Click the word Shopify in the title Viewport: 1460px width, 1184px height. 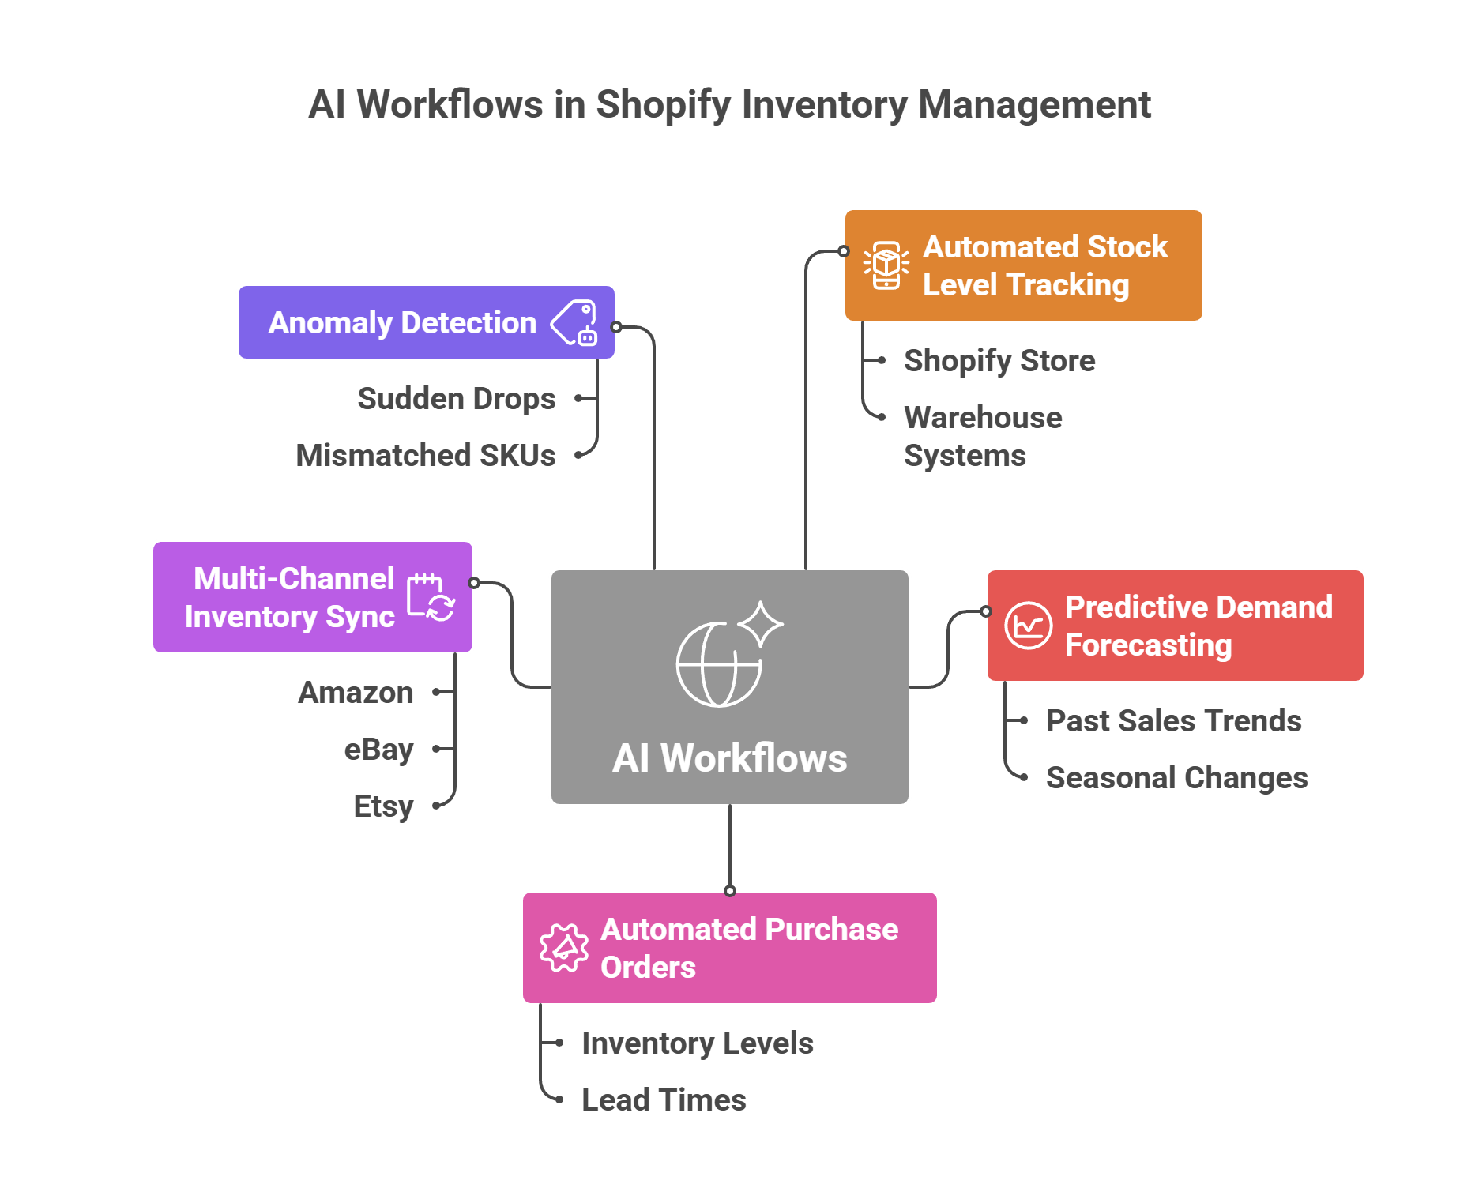[663, 105]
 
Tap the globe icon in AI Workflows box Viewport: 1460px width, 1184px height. [719, 663]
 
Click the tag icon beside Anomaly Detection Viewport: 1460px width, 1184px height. [575, 322]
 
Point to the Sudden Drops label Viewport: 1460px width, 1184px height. [456, 398]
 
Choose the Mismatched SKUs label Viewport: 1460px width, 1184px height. [426, 455]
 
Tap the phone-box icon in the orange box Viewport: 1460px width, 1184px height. [886, 265]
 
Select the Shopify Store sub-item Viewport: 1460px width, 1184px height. [999, 360]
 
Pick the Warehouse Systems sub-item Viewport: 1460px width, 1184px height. [983, 436]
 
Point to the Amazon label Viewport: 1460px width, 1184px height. [356, 692]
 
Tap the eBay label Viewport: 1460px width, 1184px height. [378, 749]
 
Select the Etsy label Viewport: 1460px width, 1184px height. [383, 806]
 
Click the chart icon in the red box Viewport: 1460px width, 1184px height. [1028, 626]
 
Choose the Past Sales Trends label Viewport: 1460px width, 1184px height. [1173, 720]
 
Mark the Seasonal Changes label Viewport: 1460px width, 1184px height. [1176, 777]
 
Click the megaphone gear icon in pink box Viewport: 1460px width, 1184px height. [563, 948]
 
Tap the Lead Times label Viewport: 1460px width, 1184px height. [664, 1099]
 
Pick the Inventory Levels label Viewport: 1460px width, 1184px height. [697, 1043]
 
